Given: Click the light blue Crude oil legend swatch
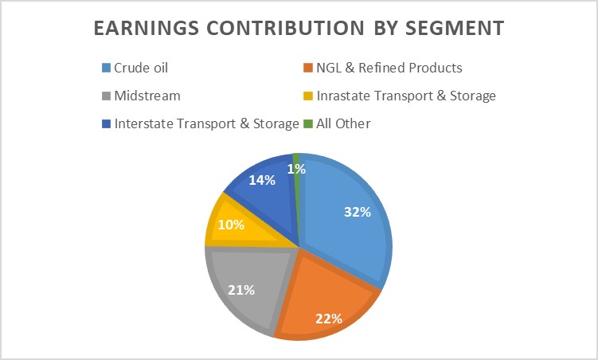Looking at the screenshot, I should (106, 68).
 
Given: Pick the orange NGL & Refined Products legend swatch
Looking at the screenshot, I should (309, 68).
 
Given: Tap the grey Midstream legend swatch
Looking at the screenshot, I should (106, 96).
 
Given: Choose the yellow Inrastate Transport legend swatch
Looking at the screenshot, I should (309, 96).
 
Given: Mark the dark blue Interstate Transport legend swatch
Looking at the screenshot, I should (106, 123).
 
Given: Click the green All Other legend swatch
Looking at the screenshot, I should (309, 123).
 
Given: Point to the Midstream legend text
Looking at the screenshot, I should (147, 96).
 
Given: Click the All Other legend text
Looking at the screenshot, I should (343, 123).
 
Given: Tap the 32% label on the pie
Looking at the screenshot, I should (358, 212).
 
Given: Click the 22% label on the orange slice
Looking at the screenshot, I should (328, 319).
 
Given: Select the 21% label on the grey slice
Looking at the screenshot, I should (240, 290).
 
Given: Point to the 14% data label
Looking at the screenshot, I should (261, 180).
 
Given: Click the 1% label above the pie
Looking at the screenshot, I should (297, 169).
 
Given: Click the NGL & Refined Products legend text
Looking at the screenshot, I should (390, 68).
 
